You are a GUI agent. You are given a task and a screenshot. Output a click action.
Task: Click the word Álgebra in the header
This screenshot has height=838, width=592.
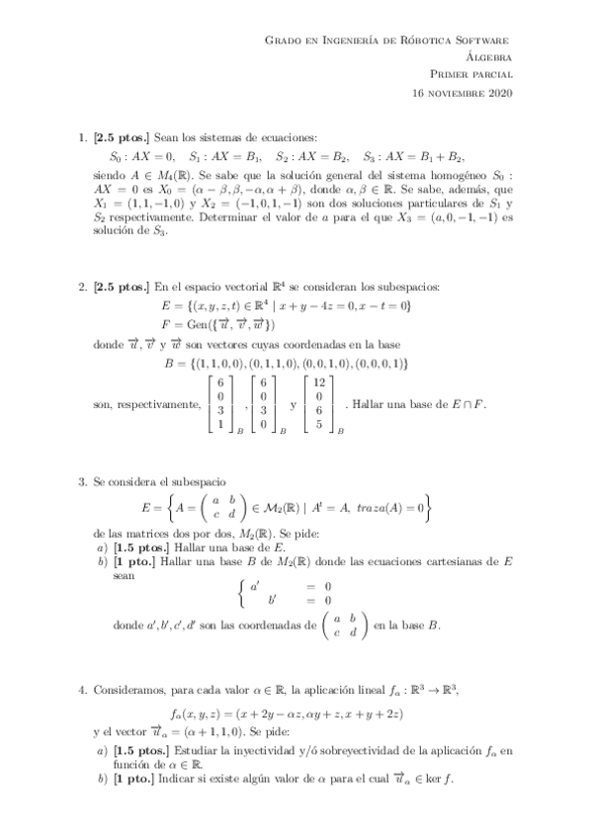(x=484, y=57)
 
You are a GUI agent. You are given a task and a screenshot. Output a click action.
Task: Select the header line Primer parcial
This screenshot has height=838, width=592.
(x=470, y=75)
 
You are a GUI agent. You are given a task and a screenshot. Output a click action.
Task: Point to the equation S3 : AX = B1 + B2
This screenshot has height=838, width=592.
(x=413, y=156)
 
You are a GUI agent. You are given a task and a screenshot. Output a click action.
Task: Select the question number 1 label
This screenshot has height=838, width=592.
(x=82, y=138)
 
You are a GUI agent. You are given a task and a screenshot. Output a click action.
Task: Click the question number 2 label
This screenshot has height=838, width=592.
(x=82, y=287)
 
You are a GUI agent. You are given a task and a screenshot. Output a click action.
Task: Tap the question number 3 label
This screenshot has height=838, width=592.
(x=82, y=480)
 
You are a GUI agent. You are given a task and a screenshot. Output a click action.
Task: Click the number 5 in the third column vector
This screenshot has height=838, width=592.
(x=317, y=424)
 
